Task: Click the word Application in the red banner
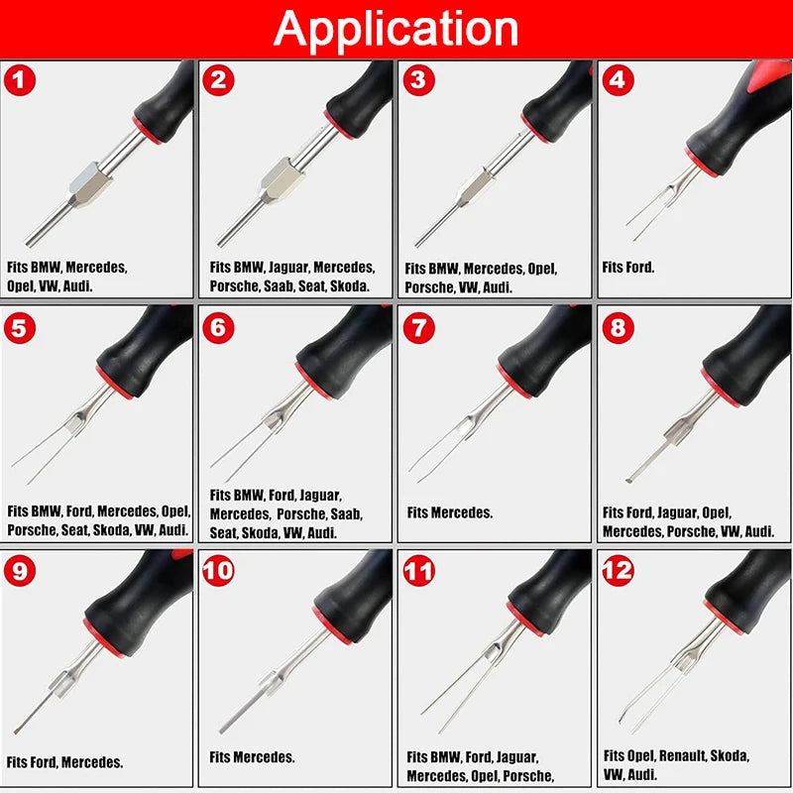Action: click(396, 29)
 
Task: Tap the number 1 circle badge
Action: click(20, 81)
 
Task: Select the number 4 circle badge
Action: click(618, 81)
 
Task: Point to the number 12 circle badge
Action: click(619, 572)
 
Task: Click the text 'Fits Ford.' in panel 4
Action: click(628, 268)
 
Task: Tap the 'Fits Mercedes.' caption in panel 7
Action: click(449, 512)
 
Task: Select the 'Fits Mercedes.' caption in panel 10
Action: click(252, 757)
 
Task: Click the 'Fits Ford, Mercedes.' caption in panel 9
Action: click(64, 762)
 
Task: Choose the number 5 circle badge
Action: click(20, 328)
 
